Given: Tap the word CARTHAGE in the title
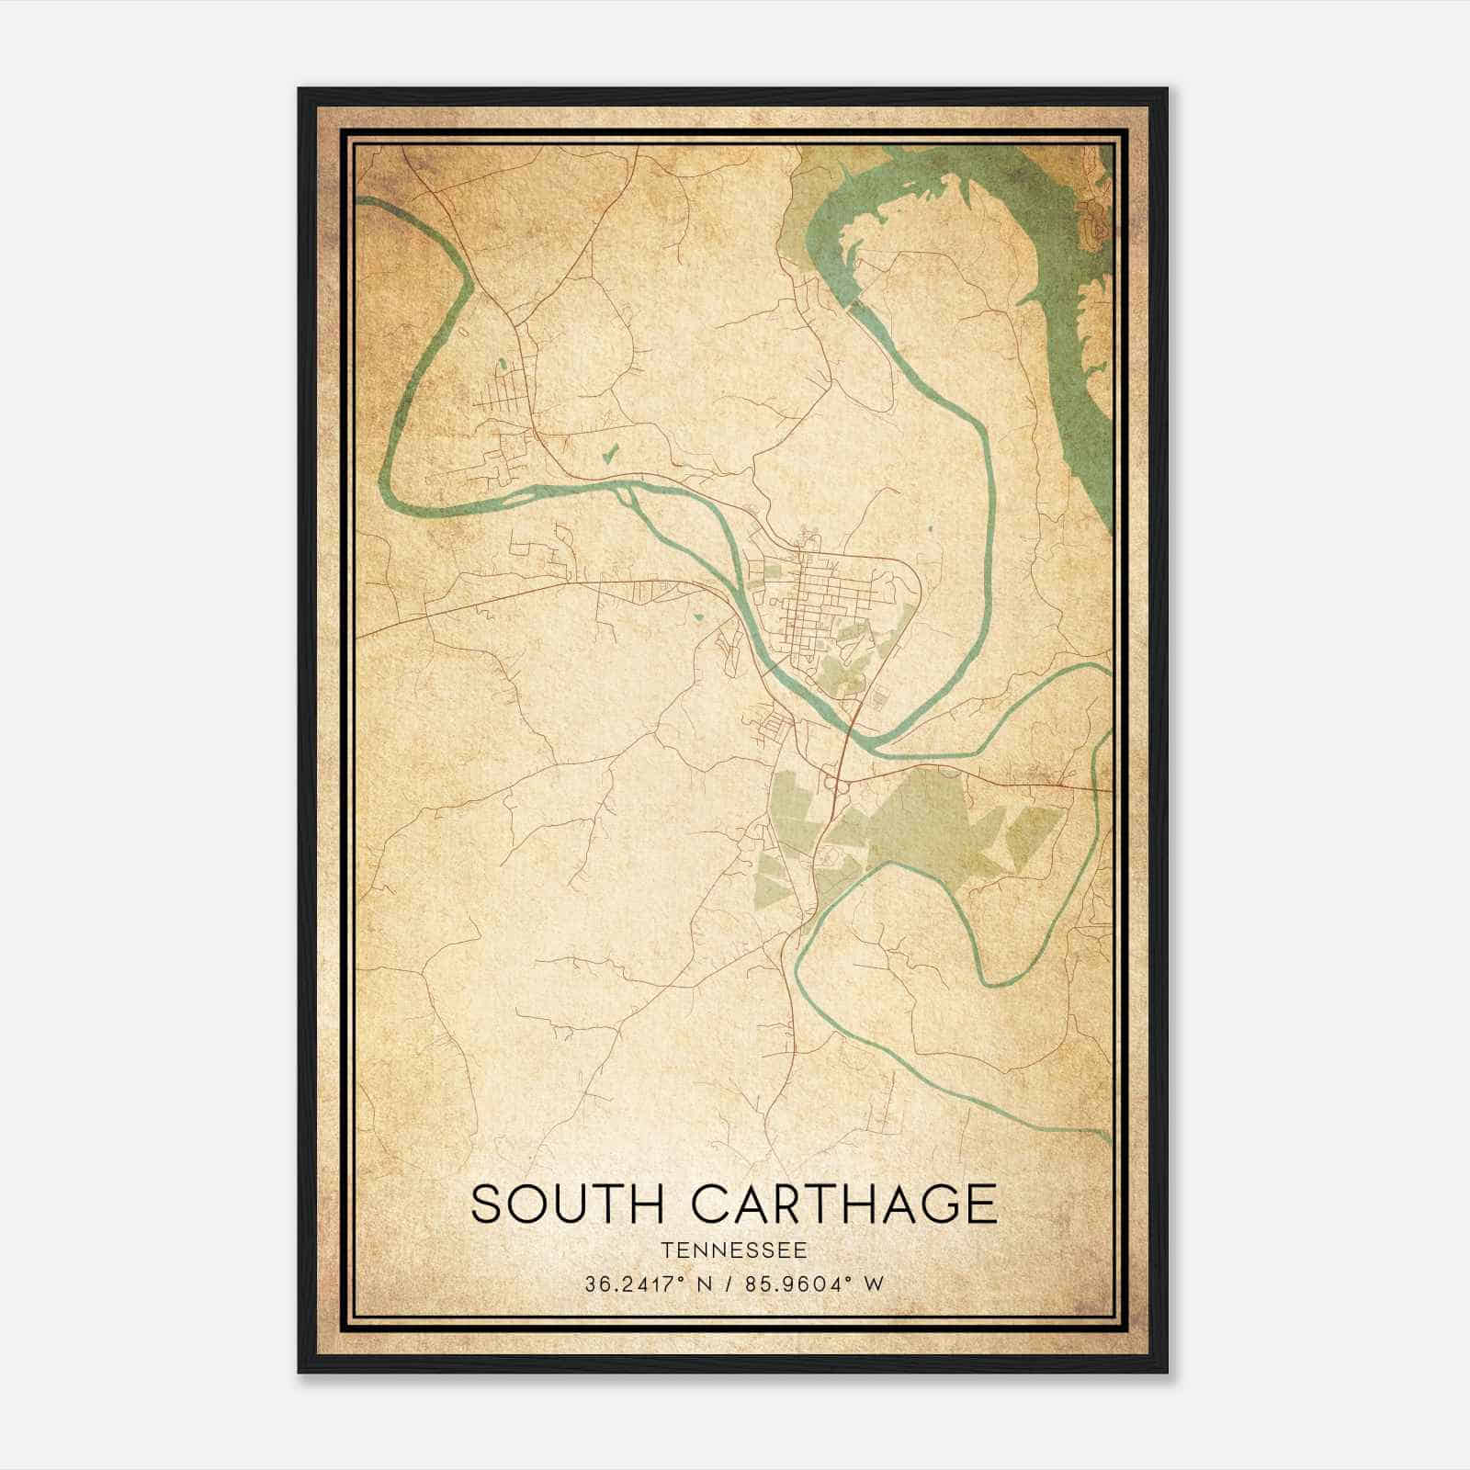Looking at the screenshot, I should [x=843, y=1204].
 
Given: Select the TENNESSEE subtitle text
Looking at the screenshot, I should [x=734, y=1250].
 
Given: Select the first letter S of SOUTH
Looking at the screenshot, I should [x=488, y=1204].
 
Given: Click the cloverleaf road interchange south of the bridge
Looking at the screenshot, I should [x=837, y=782].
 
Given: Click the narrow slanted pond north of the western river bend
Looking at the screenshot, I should [x=608, y=453].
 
